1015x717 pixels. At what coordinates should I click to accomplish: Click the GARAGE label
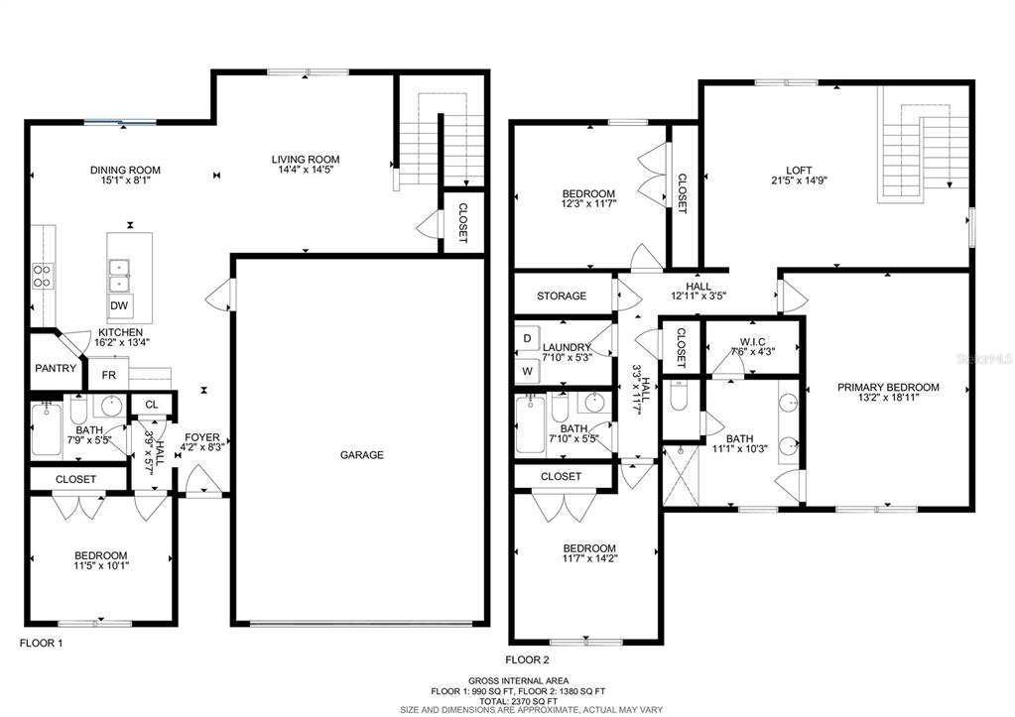(362, 455)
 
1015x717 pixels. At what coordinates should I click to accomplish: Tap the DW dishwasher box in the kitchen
(119, 306)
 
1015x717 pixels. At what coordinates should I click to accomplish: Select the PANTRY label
(56, 368)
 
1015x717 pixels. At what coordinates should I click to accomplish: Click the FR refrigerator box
(109, 375)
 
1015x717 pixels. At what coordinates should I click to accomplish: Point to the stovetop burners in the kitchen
(44, 276)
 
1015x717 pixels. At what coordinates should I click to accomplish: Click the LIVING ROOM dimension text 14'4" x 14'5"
(306, 171)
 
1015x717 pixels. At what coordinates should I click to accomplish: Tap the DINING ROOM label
(125, 171)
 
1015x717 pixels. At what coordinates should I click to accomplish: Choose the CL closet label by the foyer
(152, 405)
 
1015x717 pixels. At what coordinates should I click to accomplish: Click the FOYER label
(202, 437)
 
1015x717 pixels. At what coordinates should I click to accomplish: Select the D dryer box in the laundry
(528, 338)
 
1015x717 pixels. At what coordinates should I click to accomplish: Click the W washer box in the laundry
(528, 372)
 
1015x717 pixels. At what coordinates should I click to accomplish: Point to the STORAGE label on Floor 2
(562, 296)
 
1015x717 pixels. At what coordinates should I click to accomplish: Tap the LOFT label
(800, 171)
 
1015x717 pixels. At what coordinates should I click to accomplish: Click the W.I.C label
(752, 342)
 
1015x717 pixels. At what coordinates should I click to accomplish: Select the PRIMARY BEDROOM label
(888, 387)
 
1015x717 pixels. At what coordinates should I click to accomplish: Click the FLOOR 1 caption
(42, 644)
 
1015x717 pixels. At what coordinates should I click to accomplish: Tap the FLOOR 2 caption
(527, 660)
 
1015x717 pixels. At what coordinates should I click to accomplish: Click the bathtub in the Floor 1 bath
(46, 429)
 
